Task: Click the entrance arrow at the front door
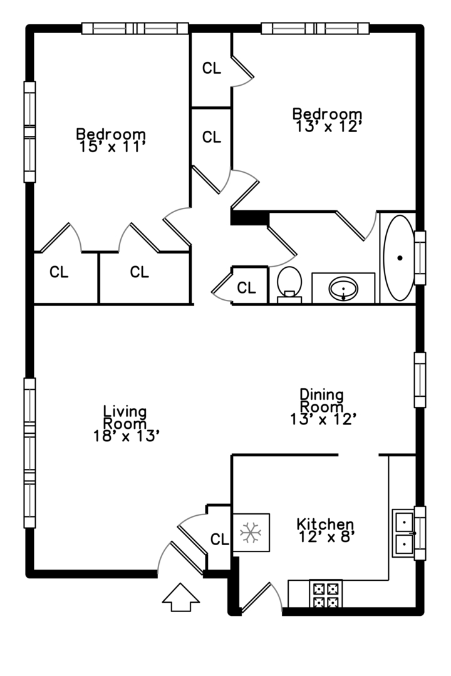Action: coord(180,597)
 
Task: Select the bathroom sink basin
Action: coord(343,289)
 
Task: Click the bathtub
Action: coord(399,258)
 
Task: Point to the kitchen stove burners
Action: coord(326,595)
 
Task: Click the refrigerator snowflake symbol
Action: coord(251,533)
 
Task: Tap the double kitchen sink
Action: coord(403,533)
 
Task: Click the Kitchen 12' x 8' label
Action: coord(325,530)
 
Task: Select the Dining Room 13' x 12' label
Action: coord(323,407)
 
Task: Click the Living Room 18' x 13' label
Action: coord(125,424)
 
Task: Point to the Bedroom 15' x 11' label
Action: coord(111,140)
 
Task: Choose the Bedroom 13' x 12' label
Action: coord(328,120)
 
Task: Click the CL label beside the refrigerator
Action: coord(219,539)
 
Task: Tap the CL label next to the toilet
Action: coord(246,288)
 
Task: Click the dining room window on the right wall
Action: coord(420,380)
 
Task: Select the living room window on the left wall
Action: coord(29,452)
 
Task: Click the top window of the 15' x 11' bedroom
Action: coord(135,28)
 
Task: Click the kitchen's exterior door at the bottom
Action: coord(260,598)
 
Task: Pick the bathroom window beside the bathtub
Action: coord(420,257)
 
